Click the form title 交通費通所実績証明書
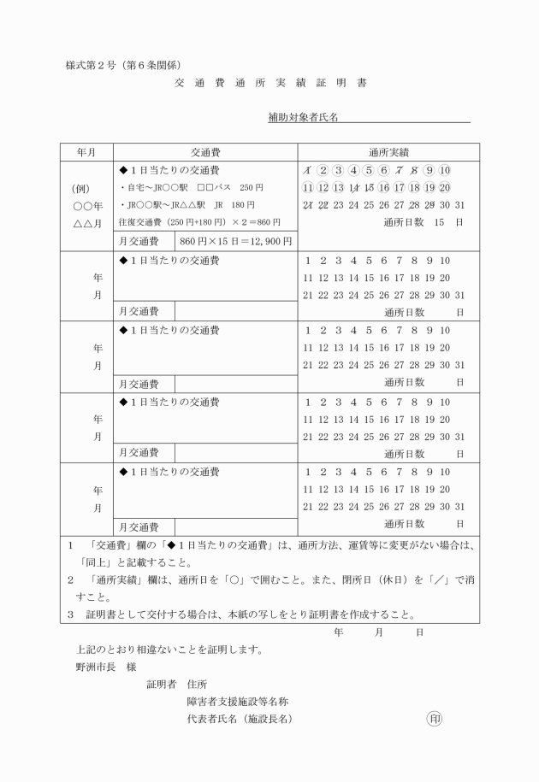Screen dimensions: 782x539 pyautogui.click(x=270, y=84)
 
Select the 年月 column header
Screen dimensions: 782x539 pyautogui.click(x=86, y=151)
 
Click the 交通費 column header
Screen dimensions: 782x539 pyautogui.click(x=205, y=151)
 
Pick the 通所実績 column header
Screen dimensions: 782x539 pyautogui.click(x=388, y=151)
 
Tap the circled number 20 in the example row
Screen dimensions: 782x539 pyautogui.click(x=444, y=187)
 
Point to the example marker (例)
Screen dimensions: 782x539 pyautogui.click(x=86, y=188)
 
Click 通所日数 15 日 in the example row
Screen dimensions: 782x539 pyautogui.click(x=423, y=222)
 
